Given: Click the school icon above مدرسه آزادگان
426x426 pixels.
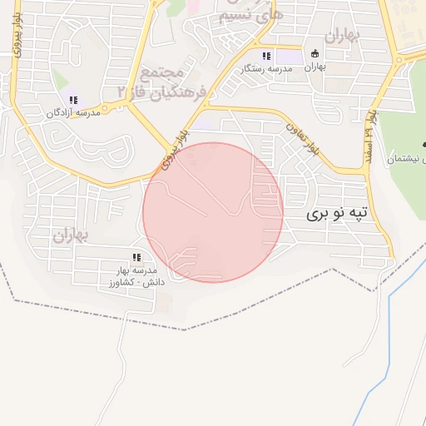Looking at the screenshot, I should pyautogui.click(x=73, y=100).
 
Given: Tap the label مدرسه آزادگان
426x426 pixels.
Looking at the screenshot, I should pyautogui.click(x=73, y=112).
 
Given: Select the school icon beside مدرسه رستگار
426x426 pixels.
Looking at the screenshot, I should pyautogui.click(x=266, y=56).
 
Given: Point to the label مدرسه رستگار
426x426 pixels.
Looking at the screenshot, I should pyautogui.click(x=266, y=68).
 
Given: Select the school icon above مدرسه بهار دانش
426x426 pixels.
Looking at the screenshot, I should pyautogui.click(x=136, y=257).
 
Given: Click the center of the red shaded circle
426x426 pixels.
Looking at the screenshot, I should pyautogui.click(x=213, y=212).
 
